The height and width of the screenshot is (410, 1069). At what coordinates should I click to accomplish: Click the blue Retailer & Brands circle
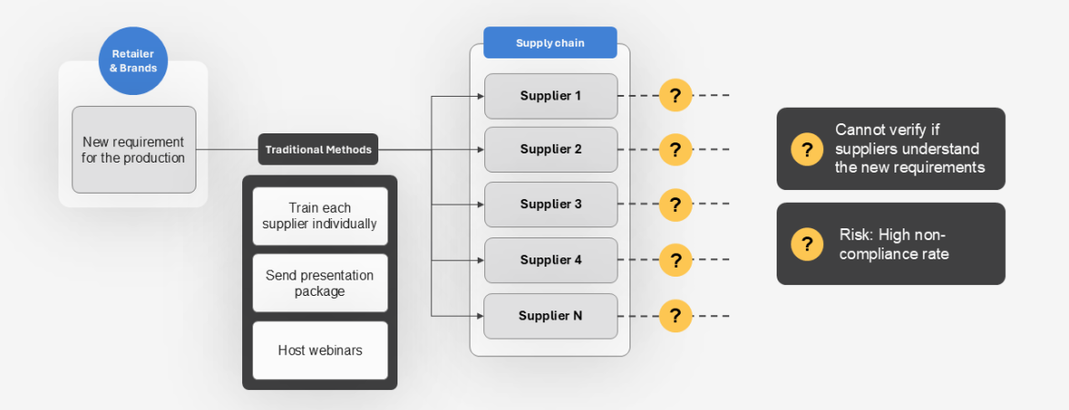click(x=133, y=61)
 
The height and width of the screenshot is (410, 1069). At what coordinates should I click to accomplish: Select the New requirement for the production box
click(x=133, y=150)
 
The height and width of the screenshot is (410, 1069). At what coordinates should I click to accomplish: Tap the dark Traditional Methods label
click(x=318, y=150)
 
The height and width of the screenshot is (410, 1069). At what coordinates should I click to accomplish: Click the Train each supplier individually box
click(x=320, y=216)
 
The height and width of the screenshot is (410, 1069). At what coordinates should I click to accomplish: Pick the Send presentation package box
click(x=320, y=283)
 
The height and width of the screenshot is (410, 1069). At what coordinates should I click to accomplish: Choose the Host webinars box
click(x=320, y=351)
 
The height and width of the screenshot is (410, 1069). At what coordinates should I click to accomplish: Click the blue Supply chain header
click(x=550, y=43)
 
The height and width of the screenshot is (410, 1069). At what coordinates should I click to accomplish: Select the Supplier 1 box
click(x=550, y=95)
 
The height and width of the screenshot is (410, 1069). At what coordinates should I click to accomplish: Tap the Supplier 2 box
click(x=550, y=150)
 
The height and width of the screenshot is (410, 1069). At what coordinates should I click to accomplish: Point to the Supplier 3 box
click(x=550, y=205)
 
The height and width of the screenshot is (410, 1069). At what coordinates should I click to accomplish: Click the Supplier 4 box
click(x=550, y=260)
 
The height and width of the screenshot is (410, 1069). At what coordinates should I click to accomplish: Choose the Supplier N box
click(x=550, y=316)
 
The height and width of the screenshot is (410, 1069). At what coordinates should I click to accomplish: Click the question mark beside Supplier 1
click(x=675, y=95)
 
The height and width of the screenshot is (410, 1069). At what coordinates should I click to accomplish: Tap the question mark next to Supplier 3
click(x=675, y=205)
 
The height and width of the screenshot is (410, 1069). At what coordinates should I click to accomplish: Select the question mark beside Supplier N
click(x=675, y=316)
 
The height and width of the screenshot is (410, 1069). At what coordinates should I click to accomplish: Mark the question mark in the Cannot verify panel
click(x=807, y=149)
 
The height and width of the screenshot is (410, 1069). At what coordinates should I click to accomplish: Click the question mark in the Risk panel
click(x=807, y=244)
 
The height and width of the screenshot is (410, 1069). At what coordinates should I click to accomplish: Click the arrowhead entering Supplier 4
click(x=479, y=260)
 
